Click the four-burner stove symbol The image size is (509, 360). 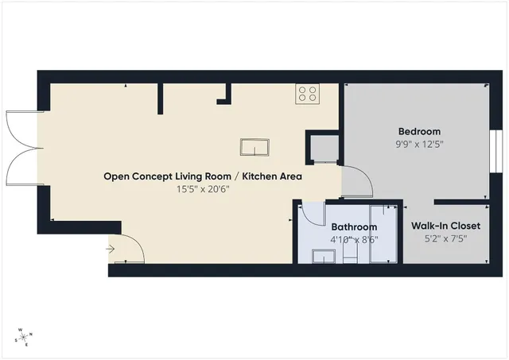click(x=307, y=95)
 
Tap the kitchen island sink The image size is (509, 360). click(x=255, y=147)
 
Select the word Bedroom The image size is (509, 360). click(x=419, y=131)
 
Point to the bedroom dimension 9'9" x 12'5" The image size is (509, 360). click(x=419, y=145)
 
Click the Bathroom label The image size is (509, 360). click(x=354, y=226)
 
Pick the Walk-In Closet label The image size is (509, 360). click(x=445, y=226)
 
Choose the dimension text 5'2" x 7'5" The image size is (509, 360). click(x=445, y=238)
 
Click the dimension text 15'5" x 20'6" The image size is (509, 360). click(x=203, y=189)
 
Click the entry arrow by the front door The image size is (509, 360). click(x=111, y=250)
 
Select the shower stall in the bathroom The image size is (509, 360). click(x=383, y=234)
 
